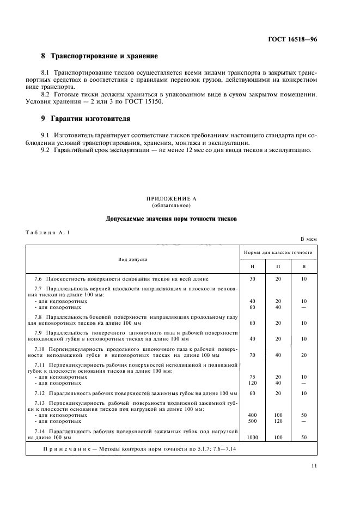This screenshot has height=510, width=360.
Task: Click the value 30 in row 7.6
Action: (x=252, y=279)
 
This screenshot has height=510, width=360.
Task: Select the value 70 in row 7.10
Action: (x=252, y=355)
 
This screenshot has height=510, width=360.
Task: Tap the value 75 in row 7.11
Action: (x=252, y=377)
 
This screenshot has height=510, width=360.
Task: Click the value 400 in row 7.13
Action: (x=252, y=415)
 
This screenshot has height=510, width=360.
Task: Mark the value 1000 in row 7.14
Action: (x=252, y=437)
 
